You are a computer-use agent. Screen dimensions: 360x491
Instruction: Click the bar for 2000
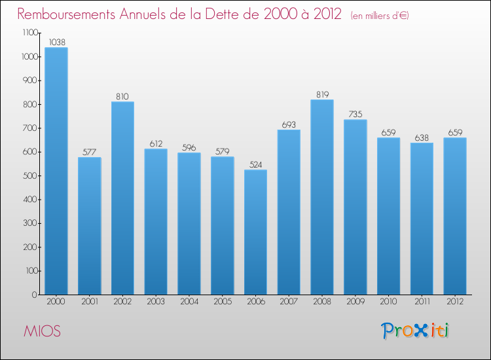[56, 171]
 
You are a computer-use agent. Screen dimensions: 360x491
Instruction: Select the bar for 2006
[255, 232]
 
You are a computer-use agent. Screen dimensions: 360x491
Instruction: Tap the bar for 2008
[322, 197]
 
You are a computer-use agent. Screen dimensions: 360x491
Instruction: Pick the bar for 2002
[122, 198]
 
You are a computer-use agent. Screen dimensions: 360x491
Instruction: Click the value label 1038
[56, 42]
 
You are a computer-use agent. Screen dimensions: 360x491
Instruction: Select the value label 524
[255, 164]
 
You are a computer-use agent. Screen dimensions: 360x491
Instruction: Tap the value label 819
[322, 94]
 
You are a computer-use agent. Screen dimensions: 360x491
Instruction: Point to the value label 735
[355, 114]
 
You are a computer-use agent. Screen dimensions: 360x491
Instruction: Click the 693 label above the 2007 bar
[289, 124]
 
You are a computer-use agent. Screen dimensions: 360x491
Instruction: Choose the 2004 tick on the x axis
[189, 302]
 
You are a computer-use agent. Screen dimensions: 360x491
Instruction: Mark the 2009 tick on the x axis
[355, 302]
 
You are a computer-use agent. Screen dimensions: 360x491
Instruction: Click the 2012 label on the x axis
[455, 302]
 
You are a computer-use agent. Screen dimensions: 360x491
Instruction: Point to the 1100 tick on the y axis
[29, 33]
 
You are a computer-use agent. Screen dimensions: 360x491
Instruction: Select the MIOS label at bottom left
[42, 331]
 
